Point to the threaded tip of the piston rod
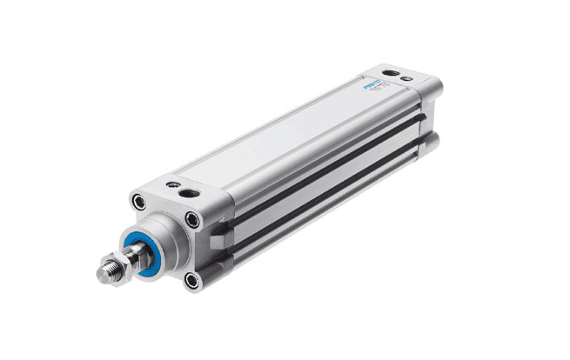click(106, 272)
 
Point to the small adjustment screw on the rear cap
click(406, 79)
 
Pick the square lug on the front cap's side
click(222, 230)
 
